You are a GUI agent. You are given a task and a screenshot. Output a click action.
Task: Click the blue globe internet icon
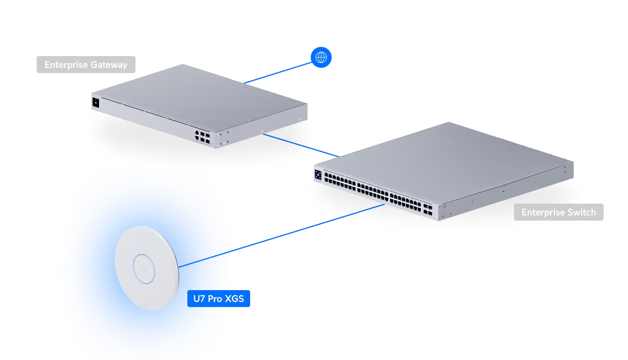coord(321,57)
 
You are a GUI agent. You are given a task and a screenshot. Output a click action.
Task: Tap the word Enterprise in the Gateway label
coord(66,65)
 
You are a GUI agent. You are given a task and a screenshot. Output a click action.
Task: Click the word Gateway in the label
coord(109,65)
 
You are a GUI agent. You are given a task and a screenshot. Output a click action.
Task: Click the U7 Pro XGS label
coord(219,299)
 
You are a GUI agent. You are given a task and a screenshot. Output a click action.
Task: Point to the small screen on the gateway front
coord(95,103)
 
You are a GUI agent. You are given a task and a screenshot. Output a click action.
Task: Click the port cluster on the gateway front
coord(202,136)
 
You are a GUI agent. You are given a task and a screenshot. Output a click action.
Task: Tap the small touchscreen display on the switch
coord(318,175)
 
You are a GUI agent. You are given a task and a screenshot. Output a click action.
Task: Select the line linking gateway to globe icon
coord(279,72)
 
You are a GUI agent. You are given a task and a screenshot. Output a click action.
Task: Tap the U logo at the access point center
coord(144,269)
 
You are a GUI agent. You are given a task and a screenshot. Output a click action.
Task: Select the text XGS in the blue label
coord(235,299)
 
